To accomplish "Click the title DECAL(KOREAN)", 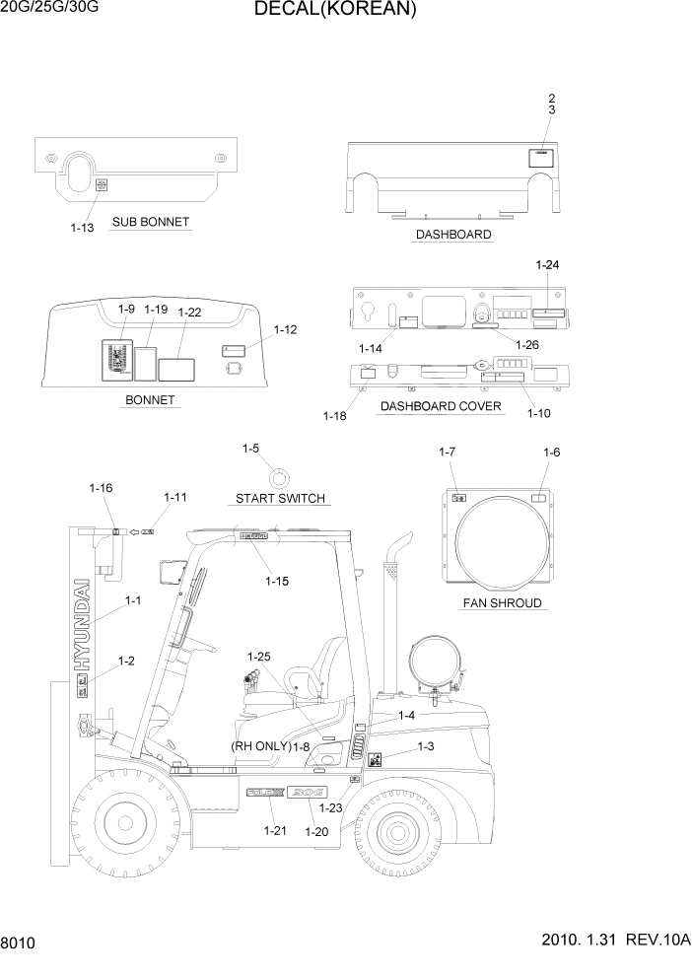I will click(x=334, y=11).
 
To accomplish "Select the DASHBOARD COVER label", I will click(x=441, y=406).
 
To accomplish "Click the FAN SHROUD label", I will click(x=502, y=602).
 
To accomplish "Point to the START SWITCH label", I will click(x=280, y=499).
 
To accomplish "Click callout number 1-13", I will click(x=82, y=228).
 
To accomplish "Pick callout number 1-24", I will click(x=547, y=265).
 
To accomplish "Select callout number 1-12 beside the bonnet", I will click(x=285, y=329).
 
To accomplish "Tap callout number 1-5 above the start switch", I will click(x=250, y=449).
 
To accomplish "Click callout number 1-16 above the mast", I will click(x=101, y=487).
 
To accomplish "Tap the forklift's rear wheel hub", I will click(x=398, y=829).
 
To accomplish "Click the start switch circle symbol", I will click(x=280, y=478).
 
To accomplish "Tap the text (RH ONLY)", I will click(x=260, y=746).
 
